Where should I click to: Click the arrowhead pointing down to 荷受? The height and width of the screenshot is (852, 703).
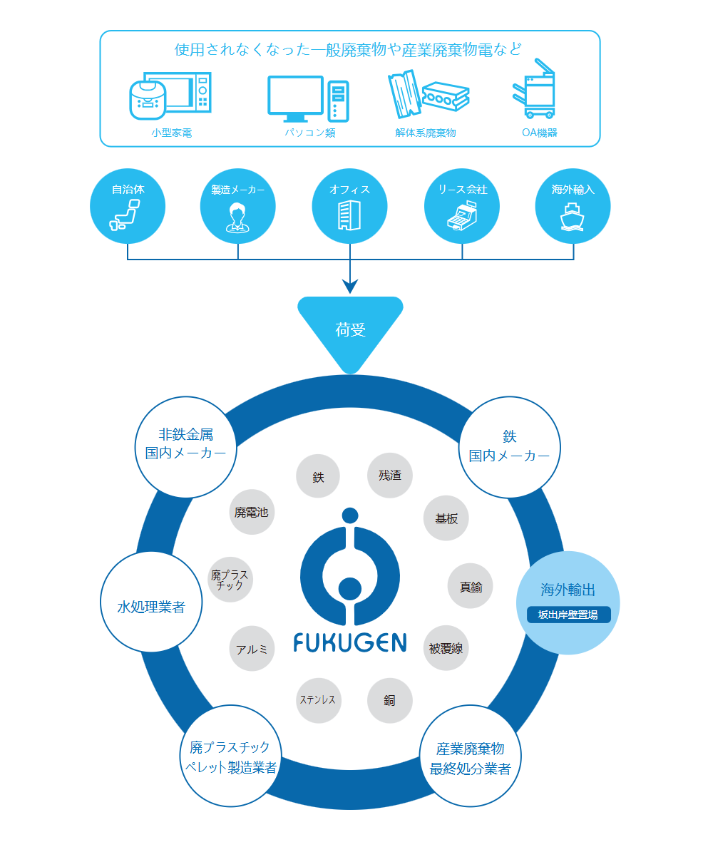349,286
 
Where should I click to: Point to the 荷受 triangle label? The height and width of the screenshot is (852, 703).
350,329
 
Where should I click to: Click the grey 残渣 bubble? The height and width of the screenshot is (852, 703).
390,475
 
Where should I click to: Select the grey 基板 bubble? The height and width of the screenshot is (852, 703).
446,518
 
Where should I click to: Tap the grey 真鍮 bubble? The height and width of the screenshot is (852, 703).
471,587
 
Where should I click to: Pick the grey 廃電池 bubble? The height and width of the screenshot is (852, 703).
252,511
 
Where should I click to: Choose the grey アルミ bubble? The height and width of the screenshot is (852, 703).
252,649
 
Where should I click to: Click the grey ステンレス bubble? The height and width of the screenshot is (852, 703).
318,699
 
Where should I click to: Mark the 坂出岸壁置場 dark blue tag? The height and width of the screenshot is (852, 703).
568,615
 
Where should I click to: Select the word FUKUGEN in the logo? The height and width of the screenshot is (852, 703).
349,642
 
